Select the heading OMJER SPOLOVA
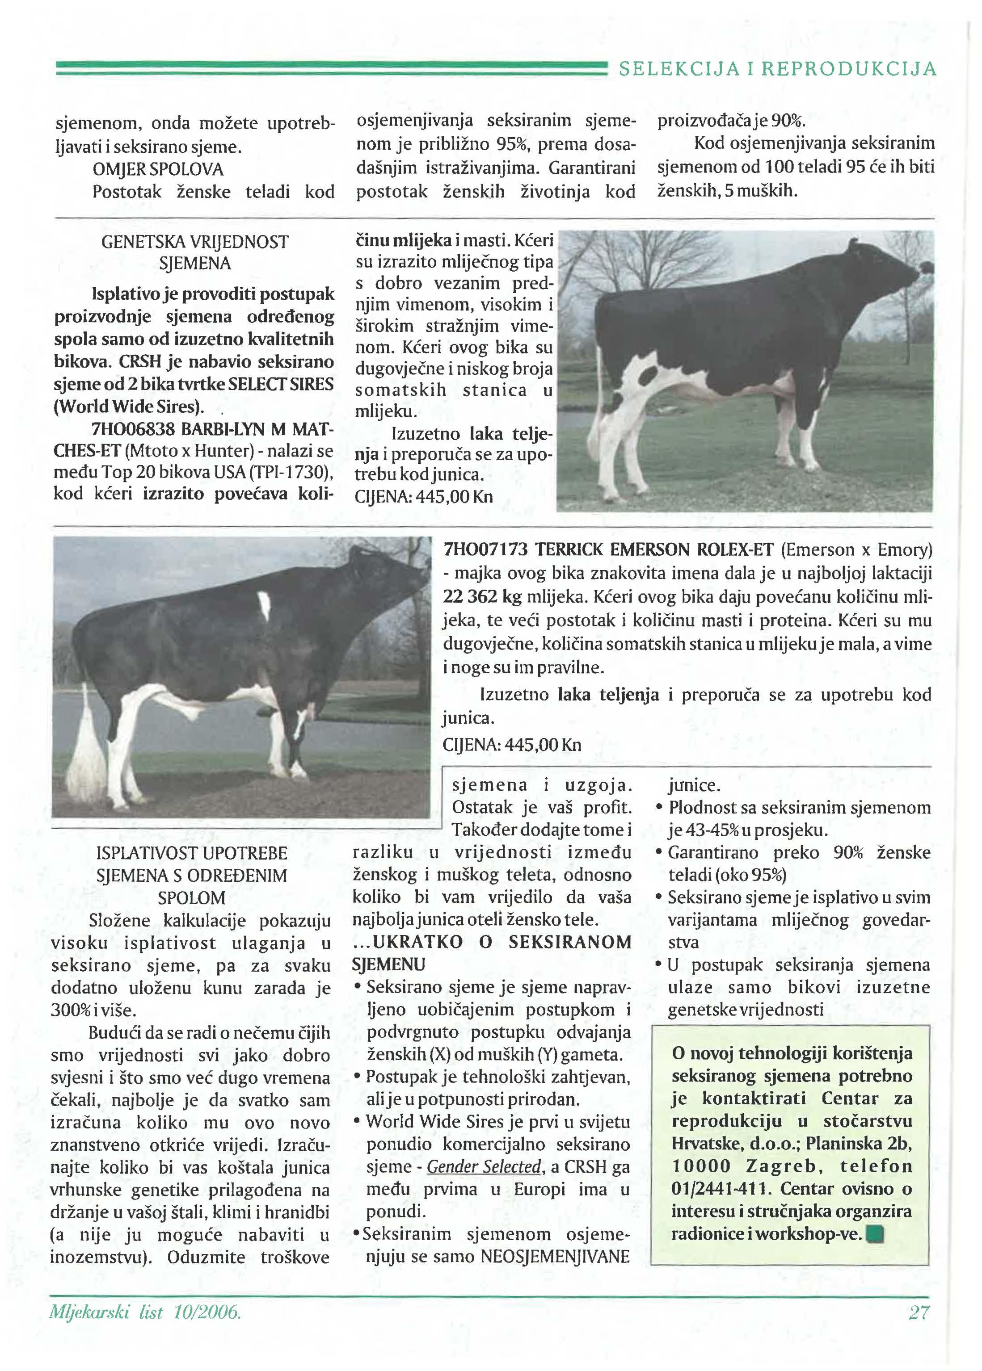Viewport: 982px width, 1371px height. coord(158,169)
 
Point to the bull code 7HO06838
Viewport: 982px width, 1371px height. coord(132,429)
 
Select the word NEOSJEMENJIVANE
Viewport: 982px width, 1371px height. coord(555,1257)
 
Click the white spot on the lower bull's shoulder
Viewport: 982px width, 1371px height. coord(264,604)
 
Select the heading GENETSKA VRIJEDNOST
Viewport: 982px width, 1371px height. coord(195,242)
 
